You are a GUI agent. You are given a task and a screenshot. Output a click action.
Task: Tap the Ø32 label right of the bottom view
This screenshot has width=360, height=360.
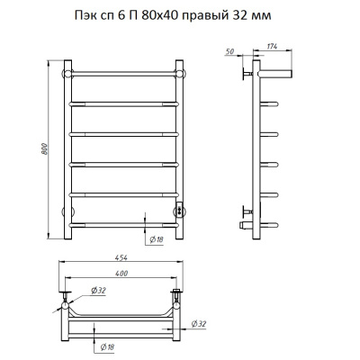pos(202,324)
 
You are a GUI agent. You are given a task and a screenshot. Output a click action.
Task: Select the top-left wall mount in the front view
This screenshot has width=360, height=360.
pos(66,71)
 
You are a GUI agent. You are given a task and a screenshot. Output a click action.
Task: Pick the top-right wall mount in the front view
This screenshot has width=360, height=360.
pos(179,71)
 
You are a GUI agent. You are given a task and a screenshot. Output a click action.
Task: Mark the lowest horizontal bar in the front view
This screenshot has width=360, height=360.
pos(122,222)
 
